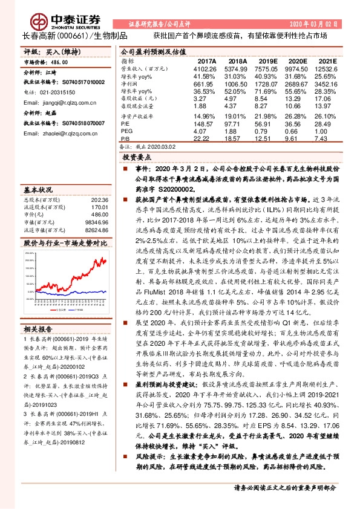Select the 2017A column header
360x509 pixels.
207,62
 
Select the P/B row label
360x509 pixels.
126,138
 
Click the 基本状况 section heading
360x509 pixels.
38,189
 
